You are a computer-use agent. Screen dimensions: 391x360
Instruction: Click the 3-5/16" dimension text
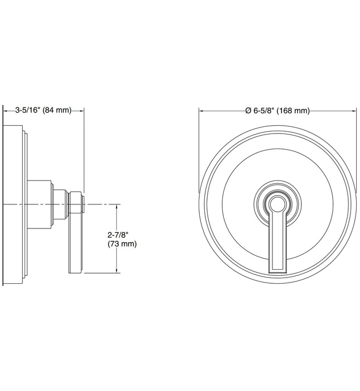[27, 110]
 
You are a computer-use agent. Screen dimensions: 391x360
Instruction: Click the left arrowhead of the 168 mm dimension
[202, 111]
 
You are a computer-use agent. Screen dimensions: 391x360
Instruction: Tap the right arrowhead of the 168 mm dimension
[354, 111]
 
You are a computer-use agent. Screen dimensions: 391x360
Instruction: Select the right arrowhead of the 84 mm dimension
[82, 110]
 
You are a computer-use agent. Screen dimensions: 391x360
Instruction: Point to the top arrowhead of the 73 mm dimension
[117, 207]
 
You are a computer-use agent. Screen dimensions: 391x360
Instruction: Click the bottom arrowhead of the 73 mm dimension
[117, 271]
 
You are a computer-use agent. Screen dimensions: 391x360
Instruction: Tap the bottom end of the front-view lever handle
[277, 269]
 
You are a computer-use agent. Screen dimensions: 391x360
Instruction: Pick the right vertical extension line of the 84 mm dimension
[84, 145]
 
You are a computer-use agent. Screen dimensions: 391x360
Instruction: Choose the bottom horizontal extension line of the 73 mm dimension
[103, 273]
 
